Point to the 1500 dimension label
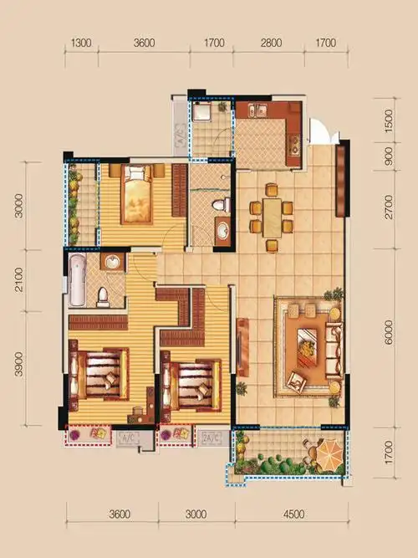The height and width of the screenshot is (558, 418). [386, 123]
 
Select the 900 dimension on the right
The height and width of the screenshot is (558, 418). [386, 156]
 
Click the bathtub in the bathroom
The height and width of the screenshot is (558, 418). [77, 281]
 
